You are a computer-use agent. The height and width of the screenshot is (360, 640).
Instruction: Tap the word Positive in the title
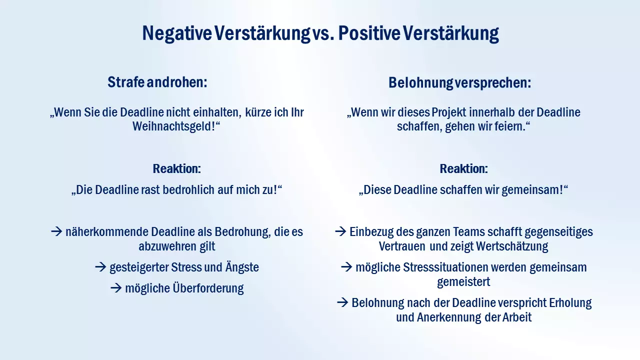coord(368,33)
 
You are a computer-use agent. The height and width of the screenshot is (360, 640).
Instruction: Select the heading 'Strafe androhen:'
coord(157,82)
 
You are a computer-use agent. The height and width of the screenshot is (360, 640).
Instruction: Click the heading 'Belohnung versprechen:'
coord(459,83)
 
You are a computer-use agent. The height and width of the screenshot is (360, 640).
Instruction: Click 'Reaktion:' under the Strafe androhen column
coord(176,169)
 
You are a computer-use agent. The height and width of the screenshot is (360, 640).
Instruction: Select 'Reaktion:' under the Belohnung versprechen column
coord(463,169)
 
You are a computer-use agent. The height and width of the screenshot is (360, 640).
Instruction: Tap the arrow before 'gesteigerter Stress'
coord(101,267)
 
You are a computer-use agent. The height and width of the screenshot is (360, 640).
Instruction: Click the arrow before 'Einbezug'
coord(340,232)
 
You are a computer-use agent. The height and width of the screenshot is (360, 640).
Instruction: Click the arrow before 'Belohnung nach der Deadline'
coord(342,303)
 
